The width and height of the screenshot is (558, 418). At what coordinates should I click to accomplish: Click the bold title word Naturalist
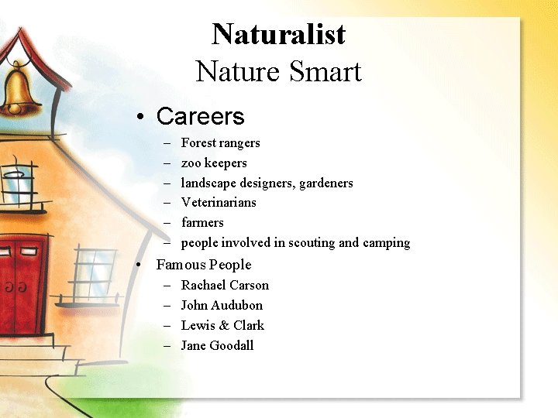[x=278, y=34]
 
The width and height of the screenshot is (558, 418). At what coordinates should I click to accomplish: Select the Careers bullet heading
[x=200, y=117]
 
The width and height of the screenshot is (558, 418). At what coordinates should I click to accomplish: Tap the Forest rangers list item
[x=220, y=143]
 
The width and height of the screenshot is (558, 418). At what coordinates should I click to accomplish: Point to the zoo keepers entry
[x=214, y=163]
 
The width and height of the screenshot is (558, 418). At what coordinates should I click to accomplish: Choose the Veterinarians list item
[x=219, y=203]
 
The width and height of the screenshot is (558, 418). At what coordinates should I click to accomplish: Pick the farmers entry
[x=202, y=223]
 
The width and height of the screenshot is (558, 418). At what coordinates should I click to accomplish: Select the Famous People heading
[x=204, y=265]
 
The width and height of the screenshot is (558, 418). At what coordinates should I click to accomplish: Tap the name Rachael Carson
[x=225, y=286]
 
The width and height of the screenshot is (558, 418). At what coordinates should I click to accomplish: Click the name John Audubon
[x=222, y=306]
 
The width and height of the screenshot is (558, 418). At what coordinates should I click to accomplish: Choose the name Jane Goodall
[x=217, y=346]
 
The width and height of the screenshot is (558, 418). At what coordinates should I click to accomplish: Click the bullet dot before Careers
[x=139, y=118]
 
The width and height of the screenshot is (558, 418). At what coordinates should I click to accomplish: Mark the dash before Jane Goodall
[x=167, y=346]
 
